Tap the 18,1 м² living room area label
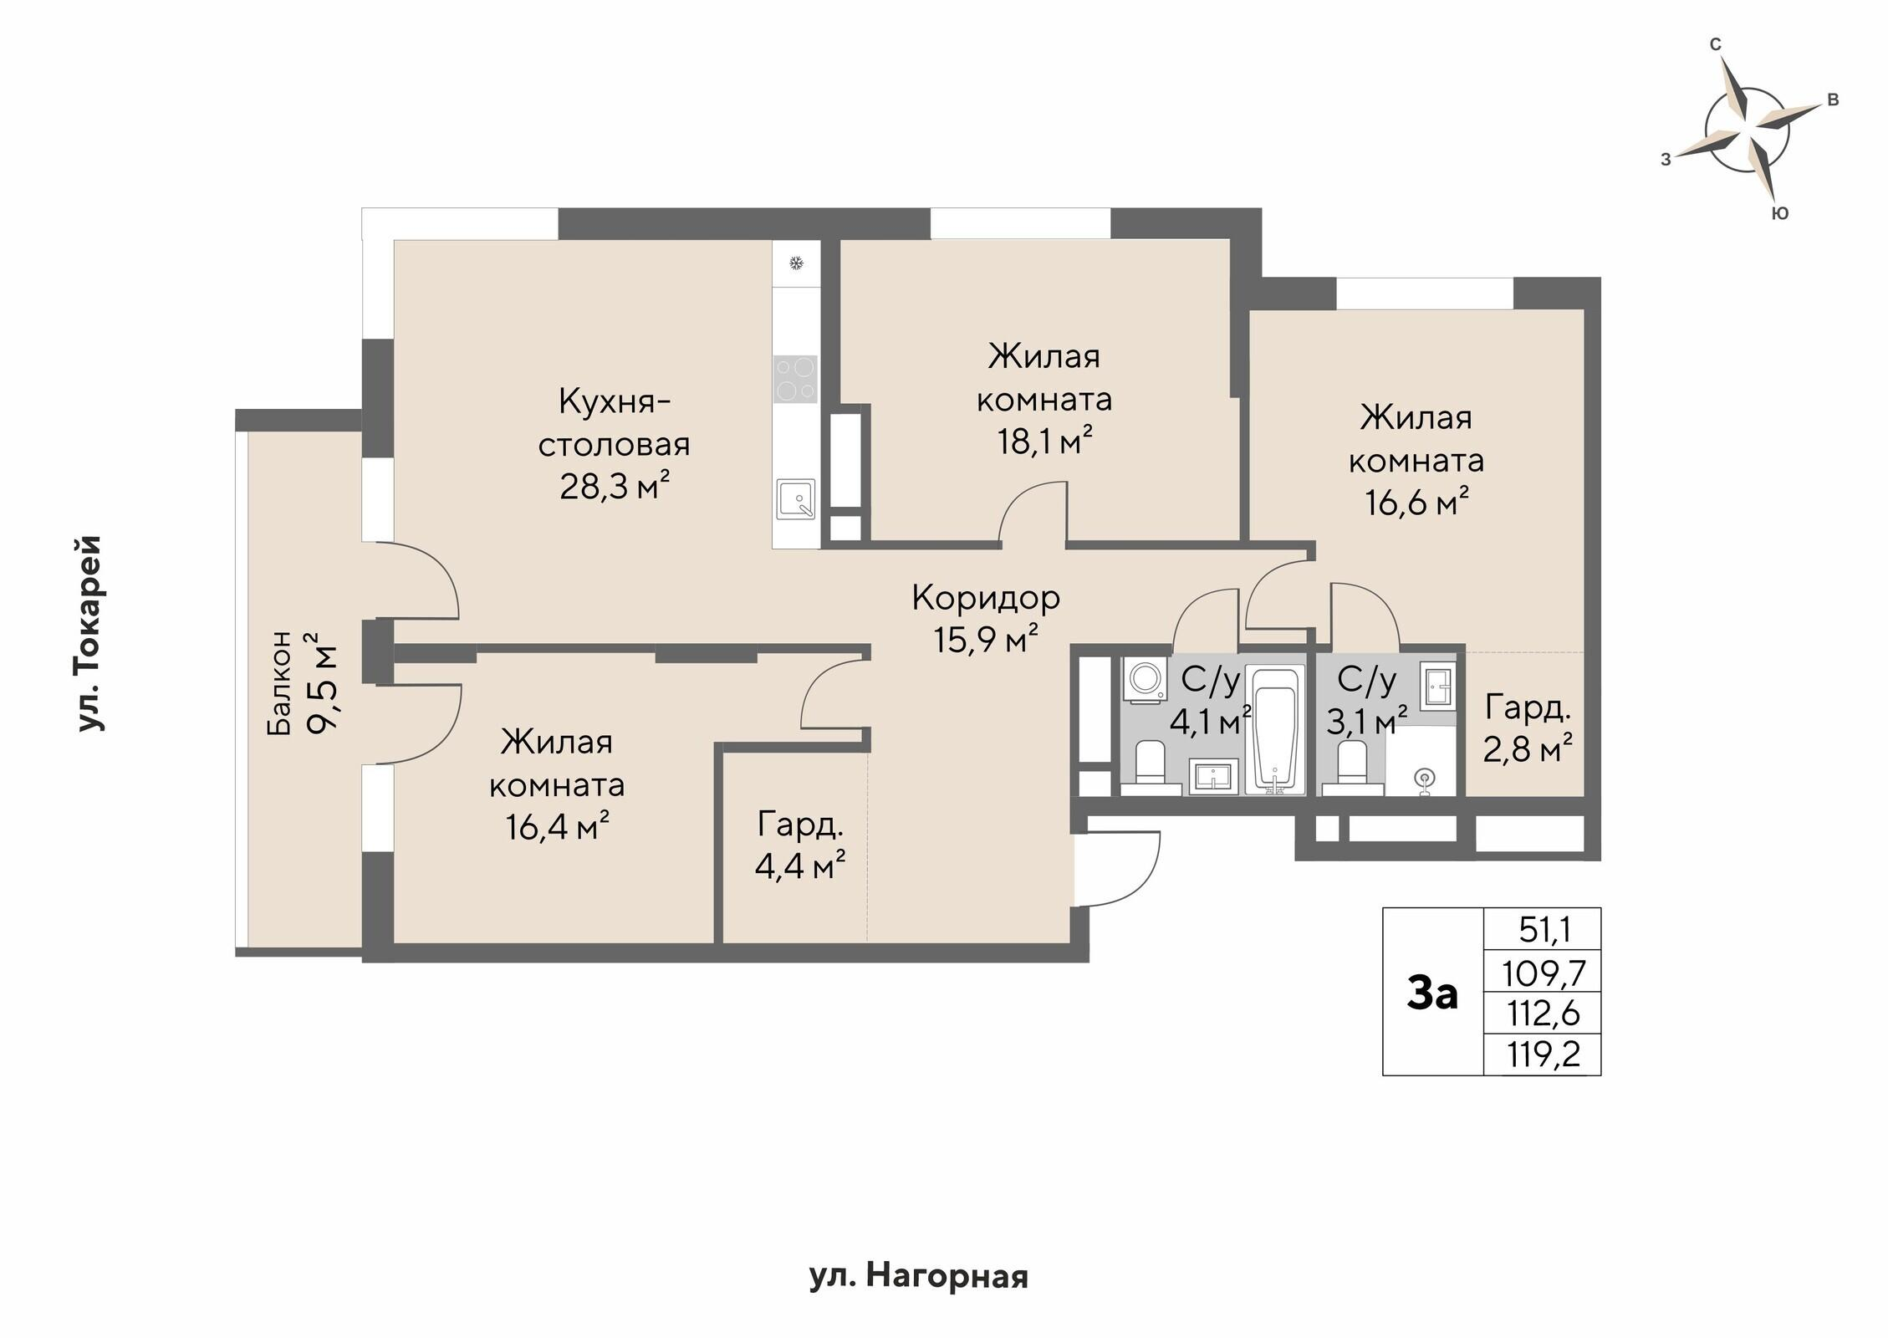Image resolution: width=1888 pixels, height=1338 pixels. click(x=1044, y=441)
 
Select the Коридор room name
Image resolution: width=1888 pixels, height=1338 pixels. click(x=986, y=597)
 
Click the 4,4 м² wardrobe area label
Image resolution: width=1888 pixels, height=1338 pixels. click(x=800, y=866)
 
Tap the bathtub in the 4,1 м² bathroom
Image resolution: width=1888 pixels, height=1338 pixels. click(x=1274, y=728)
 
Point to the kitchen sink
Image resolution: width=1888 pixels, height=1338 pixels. click(x=795, y=499)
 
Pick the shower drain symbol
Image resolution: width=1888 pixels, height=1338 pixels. click(x=1425, y=780)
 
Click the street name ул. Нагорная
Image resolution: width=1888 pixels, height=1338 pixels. click(x=918, y=1276)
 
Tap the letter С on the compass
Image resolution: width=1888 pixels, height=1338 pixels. click(x=1715, y=44)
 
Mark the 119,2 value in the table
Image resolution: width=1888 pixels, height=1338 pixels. click(x=1544, y=1055)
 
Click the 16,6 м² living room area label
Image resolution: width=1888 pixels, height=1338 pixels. click(x=1417, y=503)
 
